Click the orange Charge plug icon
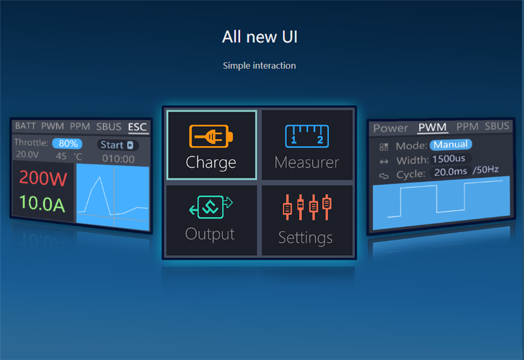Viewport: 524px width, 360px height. (211, 136)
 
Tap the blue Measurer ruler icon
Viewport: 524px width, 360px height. (307, 136)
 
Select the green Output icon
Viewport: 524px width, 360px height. (211, 207)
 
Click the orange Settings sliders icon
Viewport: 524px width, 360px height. (307, 207)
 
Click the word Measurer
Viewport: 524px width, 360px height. (307, 163)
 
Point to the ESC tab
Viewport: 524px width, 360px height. (137, 127)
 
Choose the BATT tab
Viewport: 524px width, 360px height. (26, 126)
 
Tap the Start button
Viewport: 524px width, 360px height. (117, 144)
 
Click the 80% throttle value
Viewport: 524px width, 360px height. (68, 143)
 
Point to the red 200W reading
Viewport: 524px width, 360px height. (43, 178)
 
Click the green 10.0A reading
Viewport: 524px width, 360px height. (42, 203)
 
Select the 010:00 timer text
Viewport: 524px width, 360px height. (118, 158)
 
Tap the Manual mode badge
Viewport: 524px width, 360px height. (451, 144)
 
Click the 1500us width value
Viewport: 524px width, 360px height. (448, 158)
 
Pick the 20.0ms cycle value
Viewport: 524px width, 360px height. (451, 172)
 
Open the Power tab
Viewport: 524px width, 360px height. (391, 128)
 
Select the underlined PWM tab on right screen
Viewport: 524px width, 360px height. (433, 127)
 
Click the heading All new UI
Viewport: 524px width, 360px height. (260, 37)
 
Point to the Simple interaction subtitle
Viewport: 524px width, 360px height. (259, 65)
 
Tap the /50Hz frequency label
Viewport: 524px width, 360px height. (486, 170)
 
